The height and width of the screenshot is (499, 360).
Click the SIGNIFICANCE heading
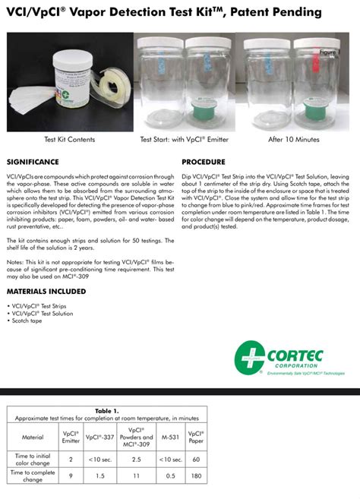click(33, 162)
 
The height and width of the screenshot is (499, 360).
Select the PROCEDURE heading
click(203, 162)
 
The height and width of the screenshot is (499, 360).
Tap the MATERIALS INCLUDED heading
click(49, 292)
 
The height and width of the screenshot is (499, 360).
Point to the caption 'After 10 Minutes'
click(293, 140)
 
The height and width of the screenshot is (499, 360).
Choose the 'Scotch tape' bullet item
click(27, 321)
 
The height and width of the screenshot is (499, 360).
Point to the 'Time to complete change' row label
click(32, 475)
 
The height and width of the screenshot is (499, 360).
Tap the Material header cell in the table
click(33, 437)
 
